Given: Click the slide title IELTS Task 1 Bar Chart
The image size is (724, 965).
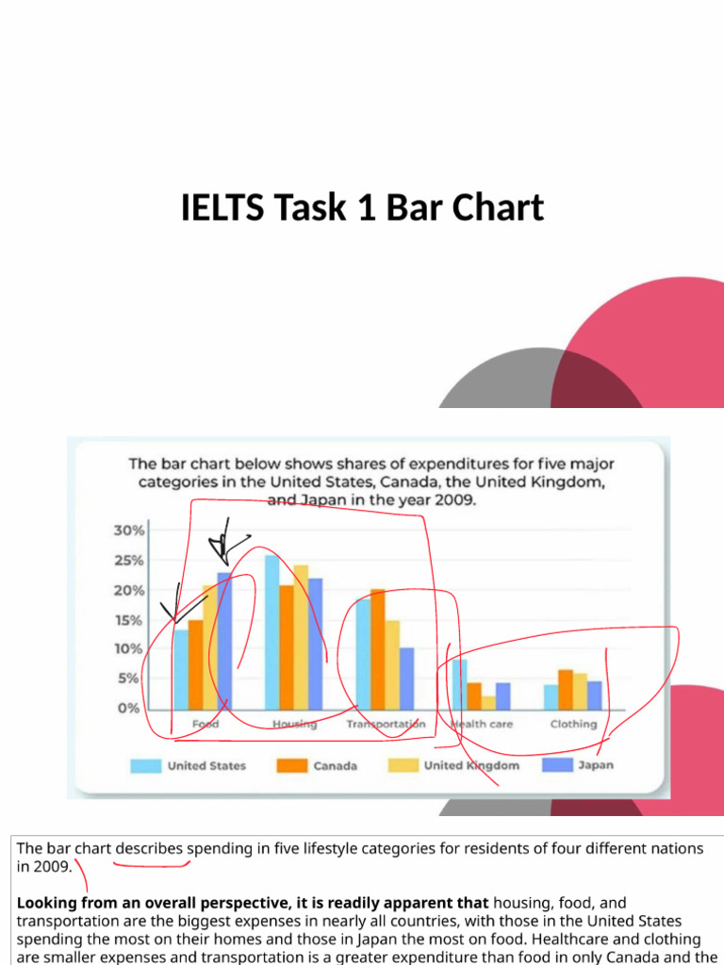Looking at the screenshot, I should pyautogui.click(x=362, y=207).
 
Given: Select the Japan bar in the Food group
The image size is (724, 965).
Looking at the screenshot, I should pyautogui.click(x=224, y=641).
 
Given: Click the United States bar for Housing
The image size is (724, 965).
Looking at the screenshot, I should pyautogui.click(x=271, y=631).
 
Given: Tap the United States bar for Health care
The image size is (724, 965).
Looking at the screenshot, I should pyautogui.click(x=459, y=684).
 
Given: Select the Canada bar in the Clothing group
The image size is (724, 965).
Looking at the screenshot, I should pyautogui.click(x=566, y=689).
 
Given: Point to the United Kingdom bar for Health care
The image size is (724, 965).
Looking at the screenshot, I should pyautogui.click(x=488, y=702).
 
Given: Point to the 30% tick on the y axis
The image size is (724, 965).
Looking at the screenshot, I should pyautogui.click(x=129, y=531).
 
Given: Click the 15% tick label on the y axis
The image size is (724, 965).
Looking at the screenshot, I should pyautogui.click(x=129, y=620).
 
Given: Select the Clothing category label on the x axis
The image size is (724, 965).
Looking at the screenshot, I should pyautogui.click(x=573, y=724).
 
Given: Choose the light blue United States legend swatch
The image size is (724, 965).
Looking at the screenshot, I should pyautogui.click(x=145, y=766).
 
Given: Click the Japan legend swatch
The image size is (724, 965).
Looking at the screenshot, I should pyautogui.click(x=557, y=766).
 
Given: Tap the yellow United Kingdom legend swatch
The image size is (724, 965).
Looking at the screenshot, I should pyautogui.click(x=403, y=766).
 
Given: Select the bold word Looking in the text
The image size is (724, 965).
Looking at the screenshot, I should pyautogui.click(x=46, y=903).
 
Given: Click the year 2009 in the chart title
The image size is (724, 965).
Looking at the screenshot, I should pyautogui.click(x=454, y=501).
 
